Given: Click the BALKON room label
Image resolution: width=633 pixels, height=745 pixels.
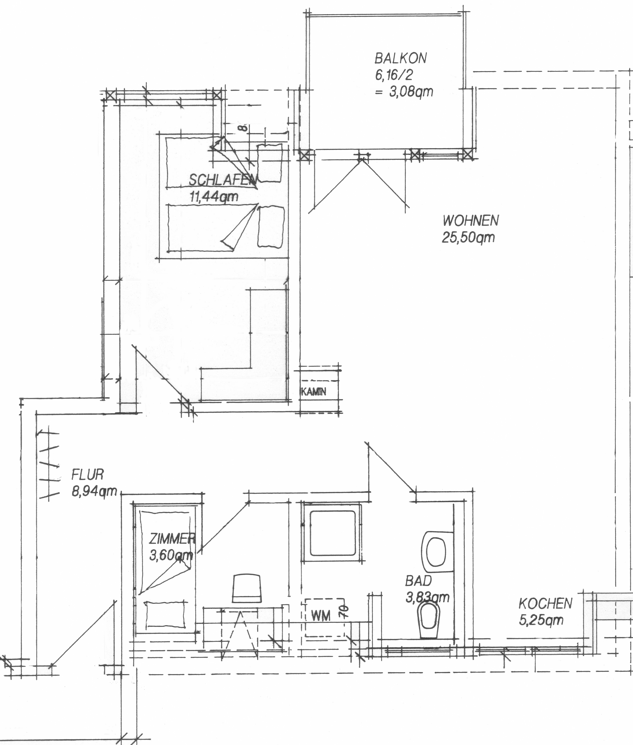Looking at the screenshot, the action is tap(401, 58).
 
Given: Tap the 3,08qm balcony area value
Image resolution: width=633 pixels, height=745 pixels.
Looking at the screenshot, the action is tap(411, 92).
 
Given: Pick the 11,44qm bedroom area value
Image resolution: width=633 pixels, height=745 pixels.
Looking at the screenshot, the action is tap(214, 196).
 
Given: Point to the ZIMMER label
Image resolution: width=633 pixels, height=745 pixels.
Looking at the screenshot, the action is tap(172, 538).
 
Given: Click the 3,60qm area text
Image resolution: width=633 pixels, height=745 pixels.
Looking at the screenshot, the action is tap(171, 555).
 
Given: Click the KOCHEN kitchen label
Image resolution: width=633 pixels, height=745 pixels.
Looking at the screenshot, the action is tap(545, 604).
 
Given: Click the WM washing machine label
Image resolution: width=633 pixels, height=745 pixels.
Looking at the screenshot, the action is tap(320, 616).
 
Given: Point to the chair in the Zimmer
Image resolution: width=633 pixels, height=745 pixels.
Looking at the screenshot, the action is tap(247, 588).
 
